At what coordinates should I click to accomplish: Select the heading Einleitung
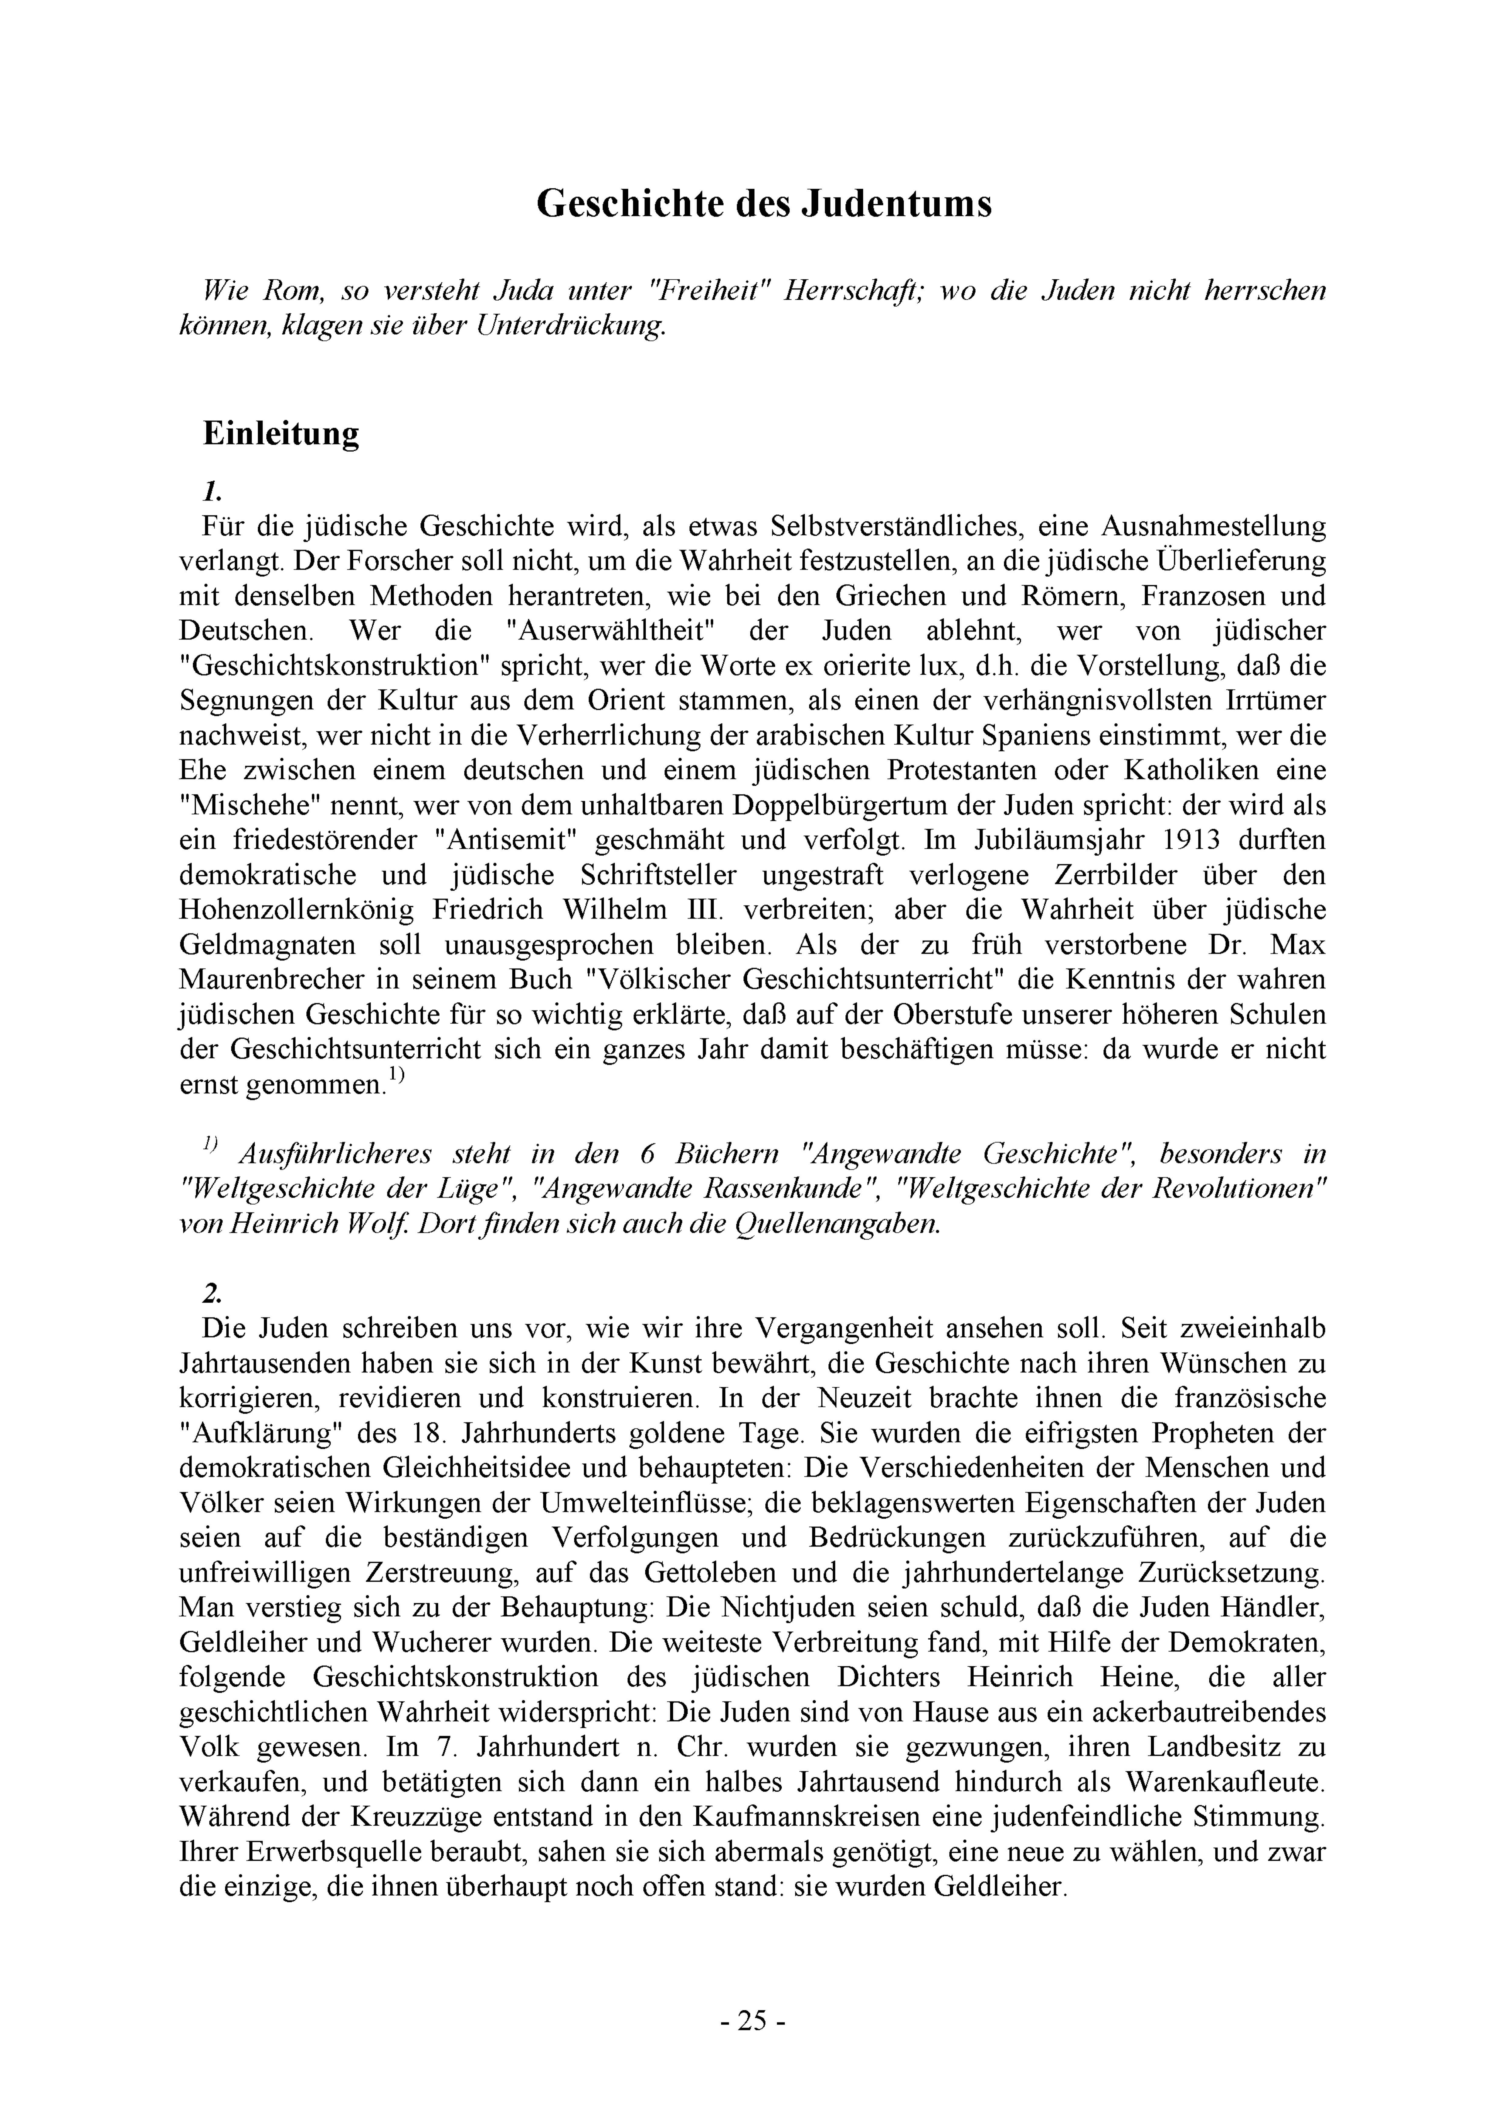coord(281,434)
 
